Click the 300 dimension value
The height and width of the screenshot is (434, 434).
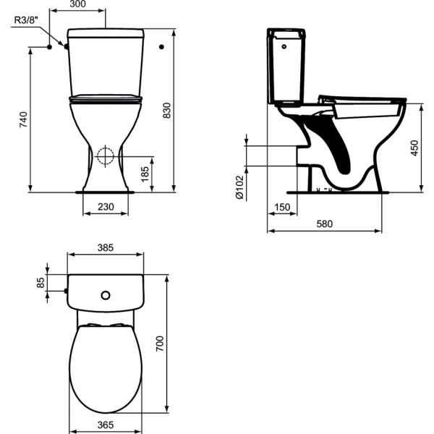pos(78,4)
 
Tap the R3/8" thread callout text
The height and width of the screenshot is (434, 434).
pos(26,20)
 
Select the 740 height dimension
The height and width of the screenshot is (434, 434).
pos(24,119)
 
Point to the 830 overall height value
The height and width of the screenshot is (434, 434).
pos(166,111)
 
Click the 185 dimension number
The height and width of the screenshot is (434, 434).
pos(145,174)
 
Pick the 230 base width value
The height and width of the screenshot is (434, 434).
pos(106,206)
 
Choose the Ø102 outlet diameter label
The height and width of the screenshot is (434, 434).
pos(239,187)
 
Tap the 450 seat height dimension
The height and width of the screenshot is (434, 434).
pos(414,148)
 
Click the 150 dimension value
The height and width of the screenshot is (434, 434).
pos(282,207)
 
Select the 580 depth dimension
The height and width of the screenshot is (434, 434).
pos(324,224)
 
